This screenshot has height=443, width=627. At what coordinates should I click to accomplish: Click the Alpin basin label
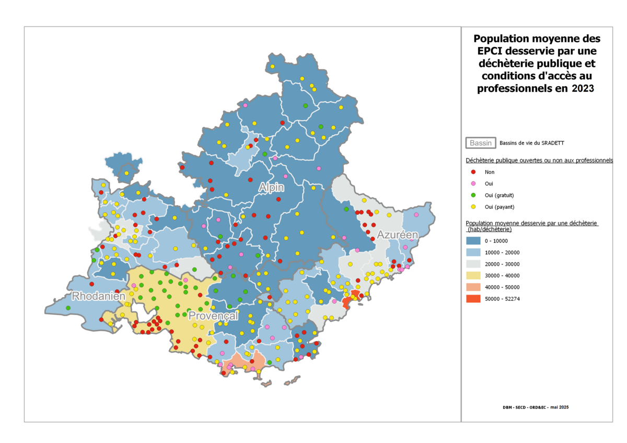[x=271, y=187]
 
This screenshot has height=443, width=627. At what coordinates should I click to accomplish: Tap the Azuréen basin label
[x=398, y=235]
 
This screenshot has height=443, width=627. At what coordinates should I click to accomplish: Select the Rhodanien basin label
[x=99, y=296]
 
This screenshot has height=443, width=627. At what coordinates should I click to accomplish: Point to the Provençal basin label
[x=213, y=316]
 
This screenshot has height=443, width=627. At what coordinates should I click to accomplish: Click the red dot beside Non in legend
[x=473, y=172]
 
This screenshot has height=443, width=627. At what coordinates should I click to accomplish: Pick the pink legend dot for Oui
[x=473, y=183]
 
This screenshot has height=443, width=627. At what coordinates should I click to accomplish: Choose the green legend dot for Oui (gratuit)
[x=473, y=195]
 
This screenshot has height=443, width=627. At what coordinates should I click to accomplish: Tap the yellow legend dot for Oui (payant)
[x=473, y=207]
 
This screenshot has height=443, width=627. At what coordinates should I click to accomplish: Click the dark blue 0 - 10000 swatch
[x=473, y=241]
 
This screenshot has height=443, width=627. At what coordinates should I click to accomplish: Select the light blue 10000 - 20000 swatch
[x=473, y=252]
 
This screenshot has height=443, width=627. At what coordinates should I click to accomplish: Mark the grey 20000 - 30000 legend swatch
[x=473, y=264]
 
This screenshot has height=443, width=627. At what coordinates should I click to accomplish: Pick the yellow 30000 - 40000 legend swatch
[x=473, y=276]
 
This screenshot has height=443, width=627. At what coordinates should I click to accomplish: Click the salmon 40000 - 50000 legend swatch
[x=473, y=287]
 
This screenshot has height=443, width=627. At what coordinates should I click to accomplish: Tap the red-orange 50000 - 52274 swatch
[x=473, y=299]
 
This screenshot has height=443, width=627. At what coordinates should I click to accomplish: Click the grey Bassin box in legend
[x=481, y=143]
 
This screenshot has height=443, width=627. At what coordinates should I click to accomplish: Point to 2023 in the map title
[x=583, y=88]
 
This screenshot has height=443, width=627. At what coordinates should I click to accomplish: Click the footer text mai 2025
[x=559, y=407]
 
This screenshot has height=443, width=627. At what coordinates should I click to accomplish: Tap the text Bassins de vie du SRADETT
[x=532, y=143]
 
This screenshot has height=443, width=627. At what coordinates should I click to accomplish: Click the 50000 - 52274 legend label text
[x=502, y=299]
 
